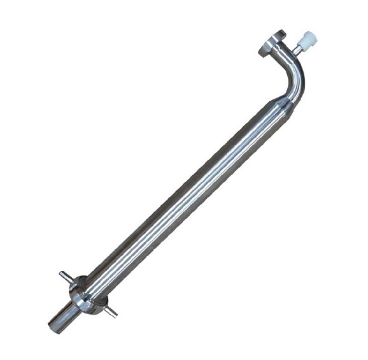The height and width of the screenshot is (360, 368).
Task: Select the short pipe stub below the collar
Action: tap(64, 315)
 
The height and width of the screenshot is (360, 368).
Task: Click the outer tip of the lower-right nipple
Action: tap(115, 315)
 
